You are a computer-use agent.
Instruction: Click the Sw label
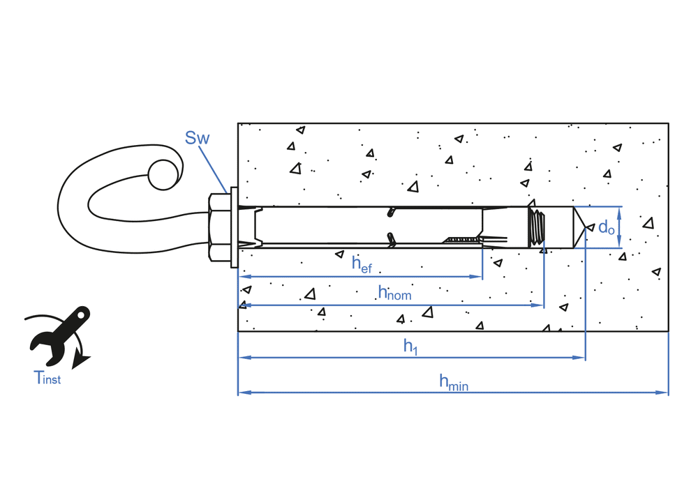click(x=197, y=137)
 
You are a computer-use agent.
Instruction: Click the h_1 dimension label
click(x=410, y=346)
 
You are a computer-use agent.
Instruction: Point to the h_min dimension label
click(x=453, y=381)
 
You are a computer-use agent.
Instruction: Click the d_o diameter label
click(x=606, y=227)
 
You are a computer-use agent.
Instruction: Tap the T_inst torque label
click(x=47, y=378)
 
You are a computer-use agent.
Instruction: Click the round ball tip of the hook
click(x=162, y=172)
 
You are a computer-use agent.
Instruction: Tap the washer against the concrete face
click(x=234, y=227)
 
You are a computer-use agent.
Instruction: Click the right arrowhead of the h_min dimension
click(x=664, y=392)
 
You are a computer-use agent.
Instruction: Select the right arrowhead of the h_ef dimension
click(x=478, y=277)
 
